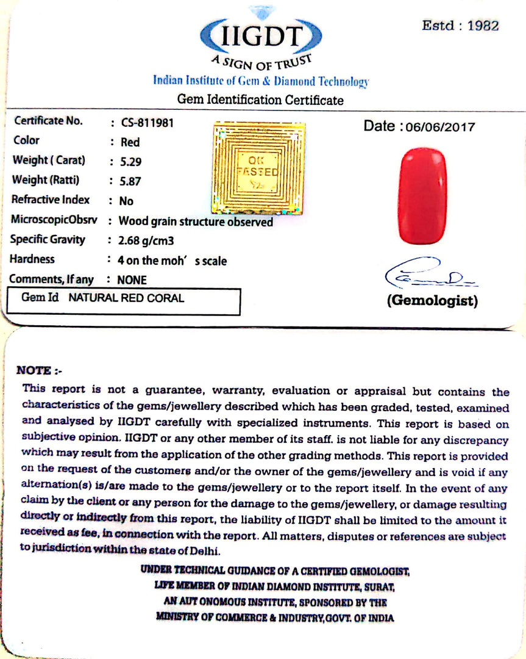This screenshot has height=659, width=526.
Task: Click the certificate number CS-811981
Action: click(x=147, y=122)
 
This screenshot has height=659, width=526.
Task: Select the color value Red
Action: click(x=129, y=142)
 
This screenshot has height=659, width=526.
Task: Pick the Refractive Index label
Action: click(x=51, y=200)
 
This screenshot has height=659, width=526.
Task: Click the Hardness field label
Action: click(x=32, y=259)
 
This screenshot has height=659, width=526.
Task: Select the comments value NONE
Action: click(x=132, y=280)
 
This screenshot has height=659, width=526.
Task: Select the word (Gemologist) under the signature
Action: click(x=432, y=301)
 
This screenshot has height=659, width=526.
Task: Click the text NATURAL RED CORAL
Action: click(x=126, y=298)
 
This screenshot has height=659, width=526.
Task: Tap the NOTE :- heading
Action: click(x=39, y=370)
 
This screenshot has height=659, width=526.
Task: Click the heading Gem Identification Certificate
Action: click(x=260, y=99)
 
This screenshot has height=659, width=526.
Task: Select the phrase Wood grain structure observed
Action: click(x=196, y=221)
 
